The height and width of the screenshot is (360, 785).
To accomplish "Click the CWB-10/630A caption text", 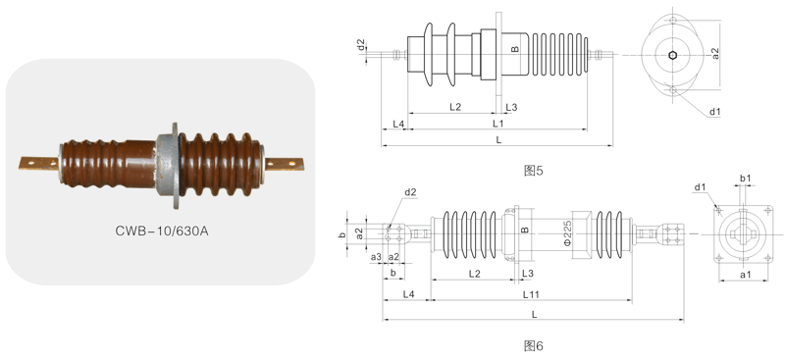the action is (161, 231).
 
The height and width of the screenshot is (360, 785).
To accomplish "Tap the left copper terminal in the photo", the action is (39, 163).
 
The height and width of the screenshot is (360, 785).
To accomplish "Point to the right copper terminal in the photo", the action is (284, 164).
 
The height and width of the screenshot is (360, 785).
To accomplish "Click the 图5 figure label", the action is (533, 171).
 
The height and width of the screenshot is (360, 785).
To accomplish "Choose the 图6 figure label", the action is (533, 345).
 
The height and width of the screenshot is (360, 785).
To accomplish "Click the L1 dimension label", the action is (497, 124).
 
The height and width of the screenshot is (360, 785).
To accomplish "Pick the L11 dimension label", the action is (531, 294).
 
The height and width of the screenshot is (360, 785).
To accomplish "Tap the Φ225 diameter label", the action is (568, 232).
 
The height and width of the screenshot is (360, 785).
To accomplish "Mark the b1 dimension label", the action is (745, 178).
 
